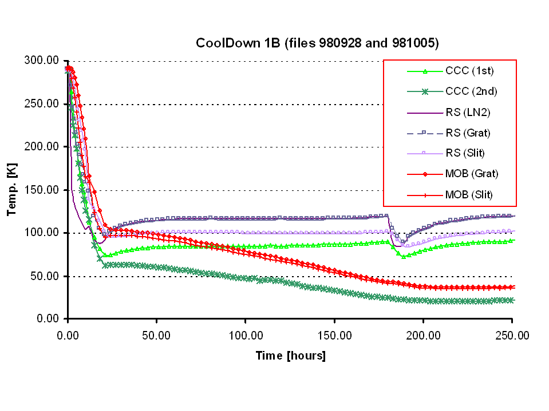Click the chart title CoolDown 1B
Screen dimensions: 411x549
tap(317, 43)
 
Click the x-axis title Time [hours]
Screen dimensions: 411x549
tap(290, 356)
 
